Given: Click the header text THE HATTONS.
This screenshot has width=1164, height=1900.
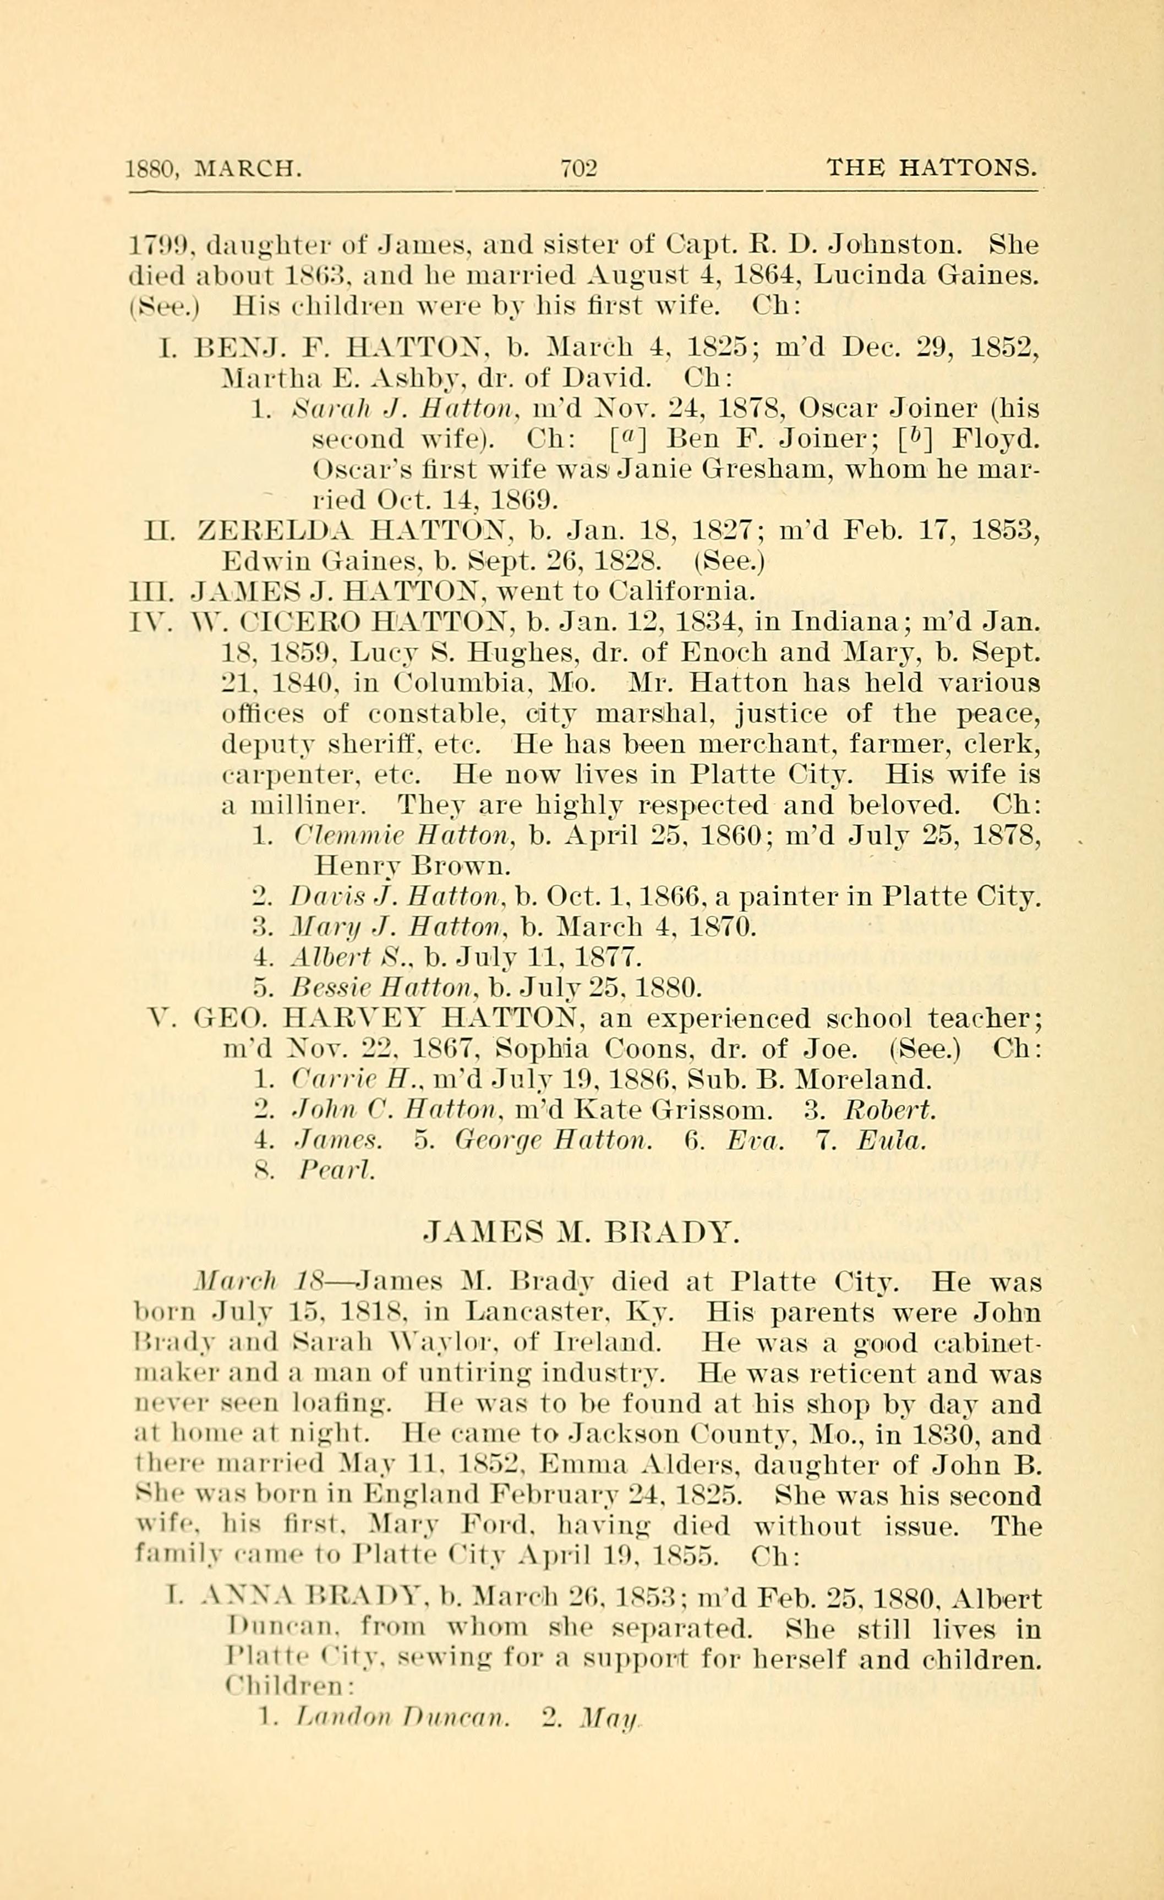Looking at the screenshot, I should (931, 167).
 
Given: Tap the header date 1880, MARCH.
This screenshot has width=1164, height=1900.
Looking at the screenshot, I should (214, 168).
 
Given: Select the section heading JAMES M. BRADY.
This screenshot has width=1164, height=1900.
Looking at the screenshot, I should (582, 1233).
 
